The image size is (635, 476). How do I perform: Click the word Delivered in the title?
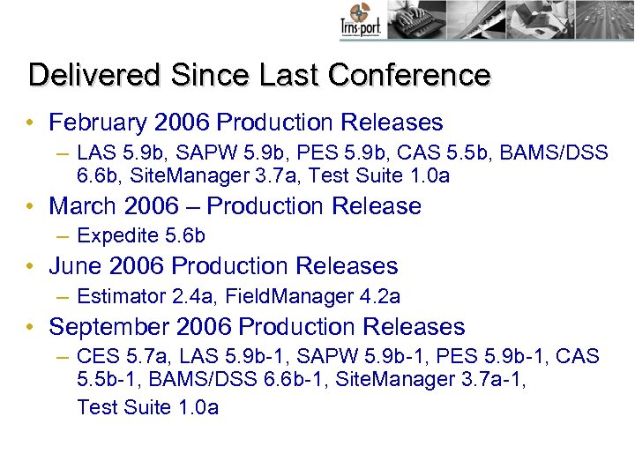[81, 75]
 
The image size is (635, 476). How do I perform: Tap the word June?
[76, 266]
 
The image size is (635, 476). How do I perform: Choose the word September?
[109, 327]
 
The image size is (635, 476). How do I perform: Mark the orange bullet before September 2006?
[31, 327]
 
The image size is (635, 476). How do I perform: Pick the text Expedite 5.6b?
[141, 236]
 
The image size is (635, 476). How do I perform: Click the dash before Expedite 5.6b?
[62, 236]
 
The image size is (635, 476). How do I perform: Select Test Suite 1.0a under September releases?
[147, 407]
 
